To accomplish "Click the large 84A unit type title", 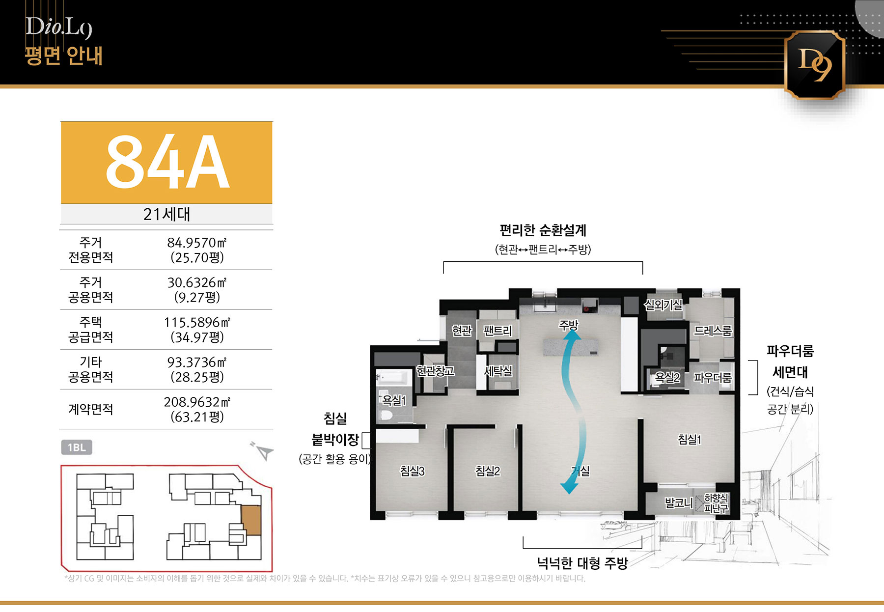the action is (x=167, y=162).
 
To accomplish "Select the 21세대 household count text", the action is (x=166, y=214).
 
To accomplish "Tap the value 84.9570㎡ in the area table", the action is (x=196, y=243).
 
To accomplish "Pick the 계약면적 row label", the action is (x=90, y=409).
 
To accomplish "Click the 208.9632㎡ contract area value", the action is (x=196, y=402).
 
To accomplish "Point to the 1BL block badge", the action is (x=77, y=447).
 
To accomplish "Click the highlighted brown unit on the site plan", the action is (x=251, y=520).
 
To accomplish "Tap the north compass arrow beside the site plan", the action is (x=263, y=451).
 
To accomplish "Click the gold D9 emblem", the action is (x=814, y=65).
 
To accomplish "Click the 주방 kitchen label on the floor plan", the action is (x=569, y=325).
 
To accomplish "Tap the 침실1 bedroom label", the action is (x=690, y=440).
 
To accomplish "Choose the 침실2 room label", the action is (x=488, y=471).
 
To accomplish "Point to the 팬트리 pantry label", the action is (x=498, y=331).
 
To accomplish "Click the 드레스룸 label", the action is (x=713, y=331).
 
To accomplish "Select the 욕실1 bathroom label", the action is (x=394, y=401).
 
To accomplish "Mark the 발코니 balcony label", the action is (x=679, y=502).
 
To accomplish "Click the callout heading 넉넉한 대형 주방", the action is (x=582, y=563).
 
